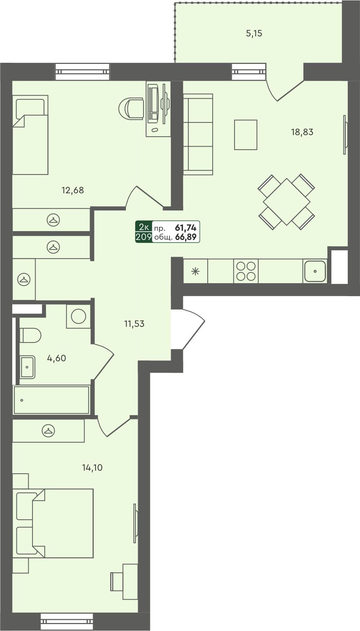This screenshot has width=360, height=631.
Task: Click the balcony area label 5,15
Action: click(254, 34)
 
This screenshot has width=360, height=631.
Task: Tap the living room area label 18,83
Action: click(302, 132)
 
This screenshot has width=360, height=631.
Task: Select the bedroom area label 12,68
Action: click(73, 190)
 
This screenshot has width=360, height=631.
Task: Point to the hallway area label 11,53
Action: click(134, 324)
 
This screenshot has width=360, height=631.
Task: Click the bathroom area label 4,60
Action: click(57, 359)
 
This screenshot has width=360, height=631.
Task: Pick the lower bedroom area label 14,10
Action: click(92, 468)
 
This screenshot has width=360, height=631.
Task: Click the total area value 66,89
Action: click(186, 237)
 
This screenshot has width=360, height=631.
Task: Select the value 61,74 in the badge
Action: click(186, 228)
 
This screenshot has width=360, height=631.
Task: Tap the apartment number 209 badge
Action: click(143, 237)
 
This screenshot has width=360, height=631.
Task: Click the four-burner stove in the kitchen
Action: click(246, 271)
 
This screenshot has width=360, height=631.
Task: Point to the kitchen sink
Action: click(315, 271)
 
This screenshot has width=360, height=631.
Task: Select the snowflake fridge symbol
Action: click(195, 272)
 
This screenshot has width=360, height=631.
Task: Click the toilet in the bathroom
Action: click(30, 336)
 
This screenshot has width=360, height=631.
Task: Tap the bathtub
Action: click(52, 400)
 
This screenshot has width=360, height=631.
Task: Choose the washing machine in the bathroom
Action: click(78, 316)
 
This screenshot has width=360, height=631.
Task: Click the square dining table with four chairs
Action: click(286, 202)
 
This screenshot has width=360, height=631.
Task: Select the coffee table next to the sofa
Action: click(246, 135)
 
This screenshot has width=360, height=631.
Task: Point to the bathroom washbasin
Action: click(28, 367)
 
